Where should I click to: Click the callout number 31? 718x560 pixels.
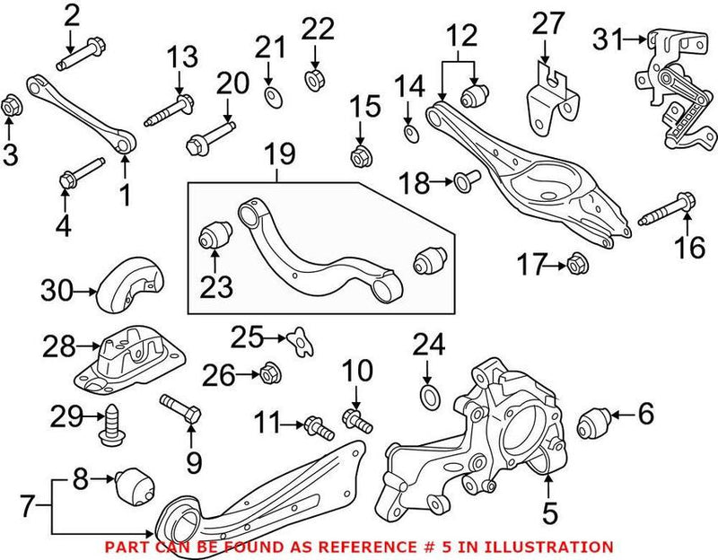[x=609, y=39]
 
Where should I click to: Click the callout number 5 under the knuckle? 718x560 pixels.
[x=549, y=514]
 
